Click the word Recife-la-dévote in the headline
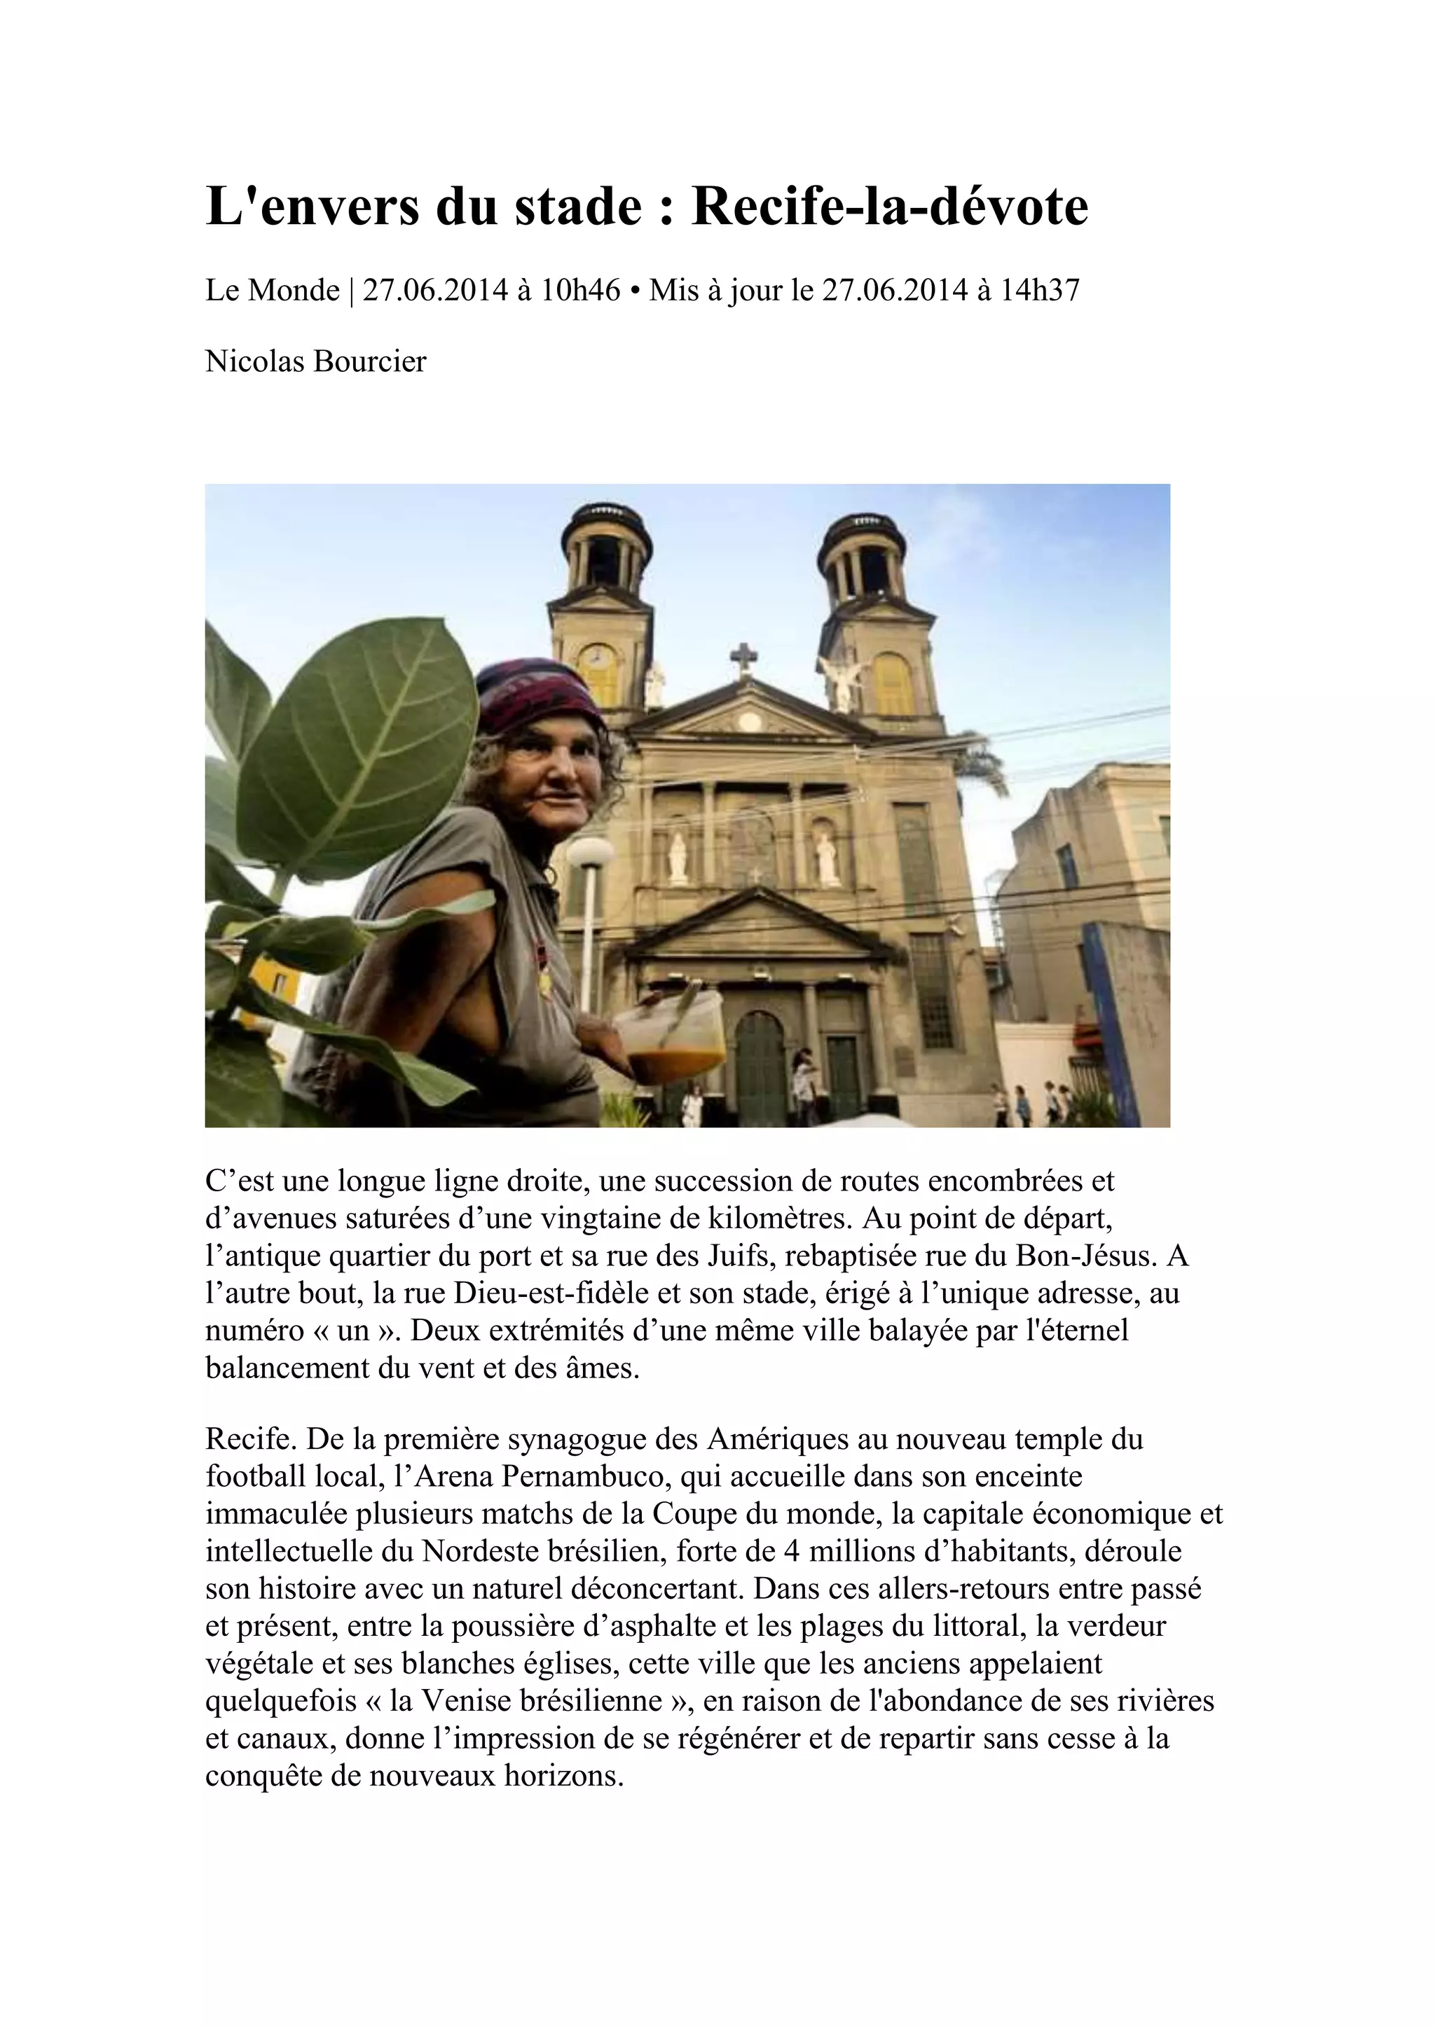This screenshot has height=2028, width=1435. pos(889,207)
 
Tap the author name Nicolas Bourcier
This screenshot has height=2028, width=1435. pos(315,361)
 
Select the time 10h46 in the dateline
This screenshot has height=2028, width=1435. pos(579,290)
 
